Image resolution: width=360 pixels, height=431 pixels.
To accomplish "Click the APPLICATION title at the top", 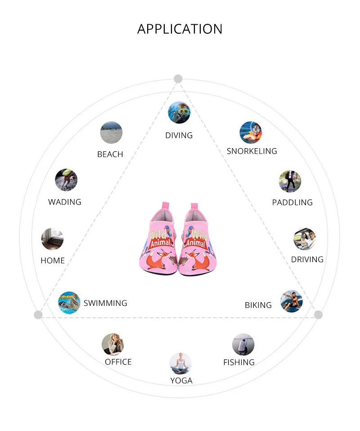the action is [x=180, y=29].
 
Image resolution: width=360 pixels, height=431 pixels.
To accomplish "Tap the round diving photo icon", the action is [x=179, y=112].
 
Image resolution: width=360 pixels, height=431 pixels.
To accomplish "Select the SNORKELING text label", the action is [x=252, y=151].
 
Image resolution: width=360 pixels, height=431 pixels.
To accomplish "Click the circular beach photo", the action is [x=111, y=132].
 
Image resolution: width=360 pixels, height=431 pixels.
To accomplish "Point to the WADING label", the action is [x=65, y=202].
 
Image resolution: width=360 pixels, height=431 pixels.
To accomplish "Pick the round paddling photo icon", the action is [x=290, y=181].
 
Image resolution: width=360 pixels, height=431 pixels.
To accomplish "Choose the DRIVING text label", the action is [x=307, y=259].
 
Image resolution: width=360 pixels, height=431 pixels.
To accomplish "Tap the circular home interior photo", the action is [x=52, y=239].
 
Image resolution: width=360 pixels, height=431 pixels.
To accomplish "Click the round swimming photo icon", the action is [x=69, y=302].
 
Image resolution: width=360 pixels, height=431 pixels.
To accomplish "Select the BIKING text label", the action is [x=258, y=305].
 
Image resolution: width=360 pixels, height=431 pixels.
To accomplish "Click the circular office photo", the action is [x=112, y=345].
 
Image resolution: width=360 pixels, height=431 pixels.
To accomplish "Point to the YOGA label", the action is [x=181, y=381].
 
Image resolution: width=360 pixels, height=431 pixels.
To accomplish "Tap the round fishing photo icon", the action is [x=243, y=345].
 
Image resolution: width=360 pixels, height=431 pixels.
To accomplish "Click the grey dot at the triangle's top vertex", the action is [x=178, y=79].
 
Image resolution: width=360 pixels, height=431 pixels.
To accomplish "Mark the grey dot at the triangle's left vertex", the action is [x=38, y=315].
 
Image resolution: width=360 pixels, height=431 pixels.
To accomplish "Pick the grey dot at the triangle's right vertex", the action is [x=319, y=315].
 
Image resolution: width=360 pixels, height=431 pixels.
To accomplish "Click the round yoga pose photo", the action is [x=180, y=363].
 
